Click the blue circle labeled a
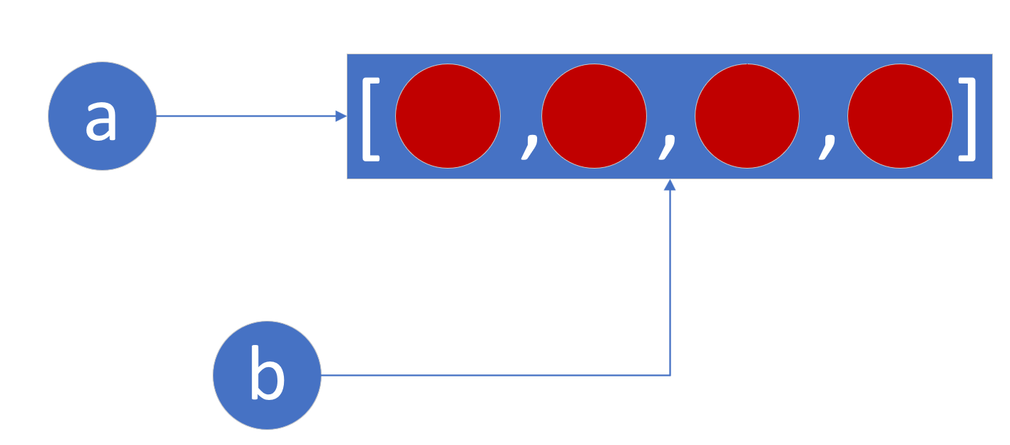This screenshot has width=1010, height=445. [102, 116]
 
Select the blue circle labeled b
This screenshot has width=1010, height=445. [267, 375]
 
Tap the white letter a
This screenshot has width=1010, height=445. [101, 120]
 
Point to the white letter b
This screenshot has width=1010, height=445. [267, 372]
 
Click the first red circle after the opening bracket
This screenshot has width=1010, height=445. [448, 116]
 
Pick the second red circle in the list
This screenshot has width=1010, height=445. [594, 116]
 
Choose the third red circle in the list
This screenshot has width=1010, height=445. [747, 116]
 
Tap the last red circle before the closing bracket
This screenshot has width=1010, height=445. [900, 116]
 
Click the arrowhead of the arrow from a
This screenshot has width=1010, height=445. [342, 116]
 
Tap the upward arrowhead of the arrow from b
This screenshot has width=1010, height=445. [670, 184]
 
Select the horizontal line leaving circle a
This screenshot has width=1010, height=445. [246, 116]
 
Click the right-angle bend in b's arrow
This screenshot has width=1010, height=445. [670, 375]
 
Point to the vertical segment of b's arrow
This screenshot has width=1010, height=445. [670, 283]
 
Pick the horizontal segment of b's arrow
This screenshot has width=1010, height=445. [496, 375]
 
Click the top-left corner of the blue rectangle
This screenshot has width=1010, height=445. [347, 54]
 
